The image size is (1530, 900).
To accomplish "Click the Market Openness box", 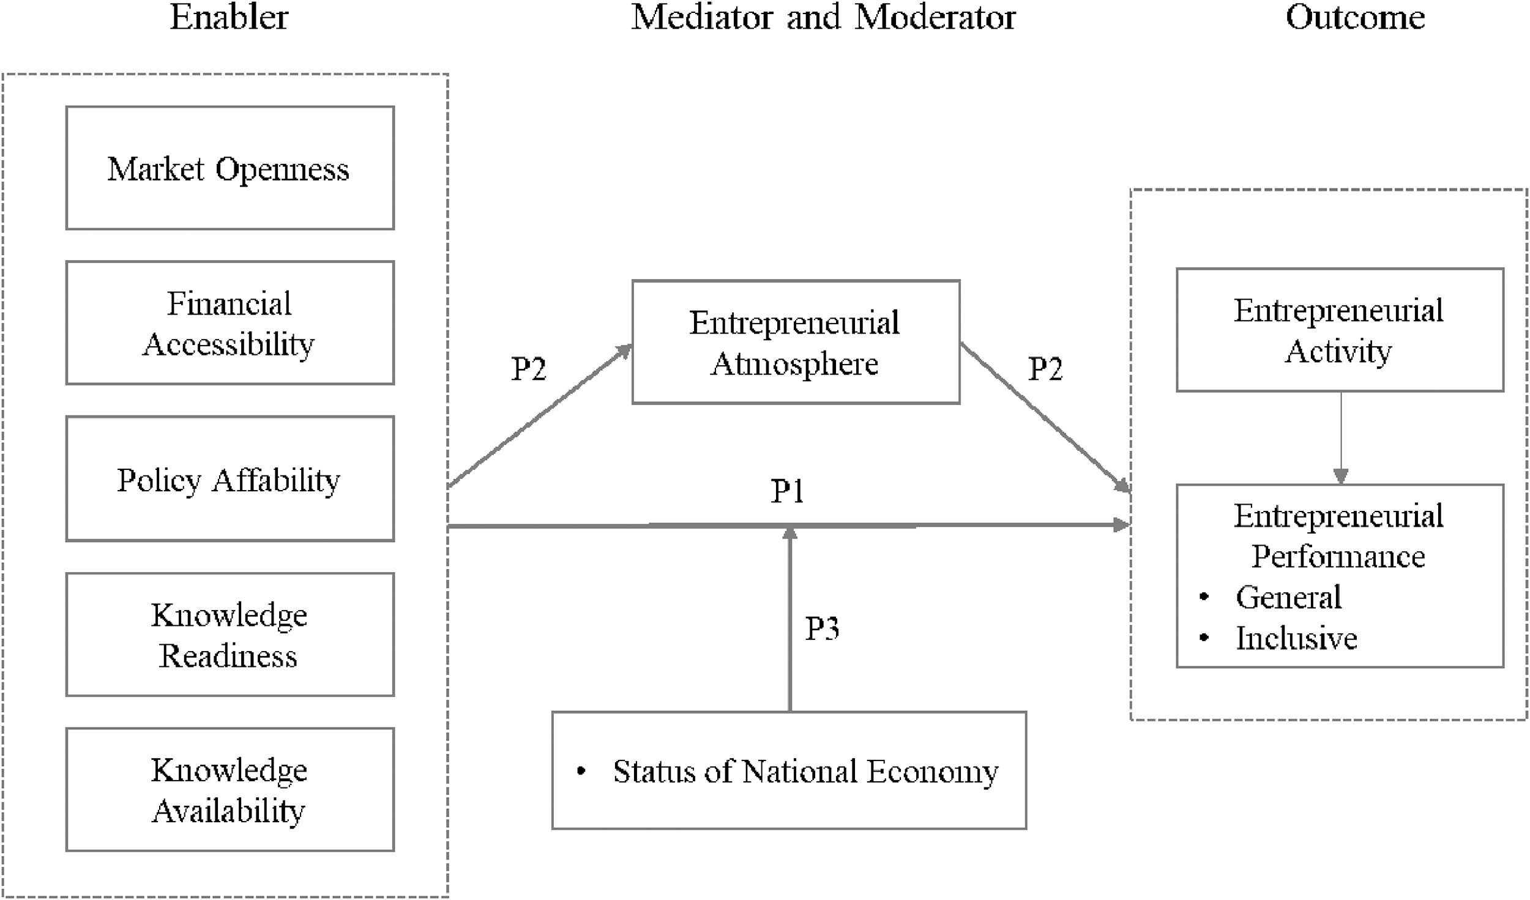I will (x=229, y=168).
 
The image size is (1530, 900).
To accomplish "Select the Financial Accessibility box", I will (x=229, y=323).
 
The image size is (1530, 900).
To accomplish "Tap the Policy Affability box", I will (x=229, y=479).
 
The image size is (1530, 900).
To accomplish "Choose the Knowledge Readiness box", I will (x=229, y=634).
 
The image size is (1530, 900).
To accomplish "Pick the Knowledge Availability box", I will (x=229, y=789).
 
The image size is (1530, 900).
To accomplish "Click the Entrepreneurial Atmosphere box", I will (x=796, y=342).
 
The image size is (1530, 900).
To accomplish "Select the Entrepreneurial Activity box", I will (x=1340, y=330).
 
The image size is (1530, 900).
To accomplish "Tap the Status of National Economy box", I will (x=789, y=770).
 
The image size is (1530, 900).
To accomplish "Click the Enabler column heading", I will (x=229, y=17).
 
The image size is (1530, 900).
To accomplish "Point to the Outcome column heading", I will (x=1355, y=17).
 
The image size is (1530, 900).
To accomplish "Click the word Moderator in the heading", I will (x=935, y=17).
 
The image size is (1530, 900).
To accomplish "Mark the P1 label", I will (x=787, y=491).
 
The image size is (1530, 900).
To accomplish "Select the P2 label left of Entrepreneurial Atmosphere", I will (x=528, y=368).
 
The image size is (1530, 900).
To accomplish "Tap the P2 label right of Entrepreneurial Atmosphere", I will (x=1045, y=368).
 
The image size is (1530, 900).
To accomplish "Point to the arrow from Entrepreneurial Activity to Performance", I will (x=1341, y=437).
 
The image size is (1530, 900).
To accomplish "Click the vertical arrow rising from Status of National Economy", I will (x=790, y=618).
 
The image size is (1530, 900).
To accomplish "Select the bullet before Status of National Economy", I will (x=581, y=772).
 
